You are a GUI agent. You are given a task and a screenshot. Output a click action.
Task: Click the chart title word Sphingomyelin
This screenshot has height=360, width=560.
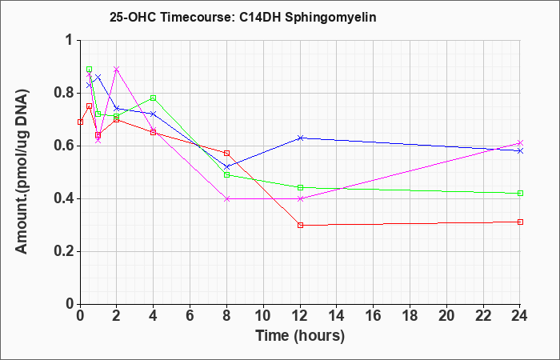pyautogui.click(x=330, y=18)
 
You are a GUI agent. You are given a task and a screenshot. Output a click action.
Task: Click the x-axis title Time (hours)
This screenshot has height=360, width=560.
pyautogui.click(x=300, y=336)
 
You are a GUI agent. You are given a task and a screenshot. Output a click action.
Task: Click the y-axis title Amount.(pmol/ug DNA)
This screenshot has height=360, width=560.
pyautogui.click(x=22, y=171)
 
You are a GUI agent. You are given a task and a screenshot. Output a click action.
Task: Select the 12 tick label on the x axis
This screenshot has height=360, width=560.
pyautogui.click(x=300, y=316)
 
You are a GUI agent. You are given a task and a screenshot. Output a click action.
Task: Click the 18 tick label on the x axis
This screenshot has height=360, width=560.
pyautogui.click(x=410, y=316)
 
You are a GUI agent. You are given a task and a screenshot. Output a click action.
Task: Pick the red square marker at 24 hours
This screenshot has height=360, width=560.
pyautogui.click(x=520, y=222)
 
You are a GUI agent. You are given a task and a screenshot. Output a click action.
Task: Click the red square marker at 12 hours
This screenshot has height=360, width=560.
pyautogui.click(x=300, y=225)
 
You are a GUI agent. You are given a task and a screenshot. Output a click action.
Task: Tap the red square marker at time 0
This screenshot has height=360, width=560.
pyautogui.click(x=80, y=122)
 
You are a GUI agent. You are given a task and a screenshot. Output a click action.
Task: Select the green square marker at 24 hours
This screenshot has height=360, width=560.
pyautogui.click(x=520, y=194)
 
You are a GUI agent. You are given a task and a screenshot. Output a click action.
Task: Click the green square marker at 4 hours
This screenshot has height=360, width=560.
pyautogui.click(x=154, y=98)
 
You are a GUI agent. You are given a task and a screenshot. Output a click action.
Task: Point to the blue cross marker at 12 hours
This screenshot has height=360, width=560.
pyautogui.click(x=300, y=138)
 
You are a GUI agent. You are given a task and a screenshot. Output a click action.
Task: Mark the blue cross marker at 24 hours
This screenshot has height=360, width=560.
pyautogui.click(x=520, y=151)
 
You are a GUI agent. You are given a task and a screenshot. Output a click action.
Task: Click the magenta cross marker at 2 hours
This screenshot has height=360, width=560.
pyautogui.click(x=117, y=69)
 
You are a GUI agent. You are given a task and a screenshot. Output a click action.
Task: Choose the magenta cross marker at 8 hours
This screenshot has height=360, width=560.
pyautogui.click(x=226, y=198)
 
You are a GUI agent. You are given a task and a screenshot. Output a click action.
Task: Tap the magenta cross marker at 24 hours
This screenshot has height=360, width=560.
pyautogui.click(x=520, y=143)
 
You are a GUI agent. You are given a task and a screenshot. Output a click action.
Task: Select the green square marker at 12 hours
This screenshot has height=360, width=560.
pyautogui.click(x=300, y=187)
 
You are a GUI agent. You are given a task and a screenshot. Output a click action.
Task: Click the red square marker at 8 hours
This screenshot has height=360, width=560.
pyautogui.click(x=226, y=154)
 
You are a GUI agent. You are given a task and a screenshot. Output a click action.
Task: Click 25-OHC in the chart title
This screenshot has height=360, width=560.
pyautogui.click(x=133, y=18)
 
